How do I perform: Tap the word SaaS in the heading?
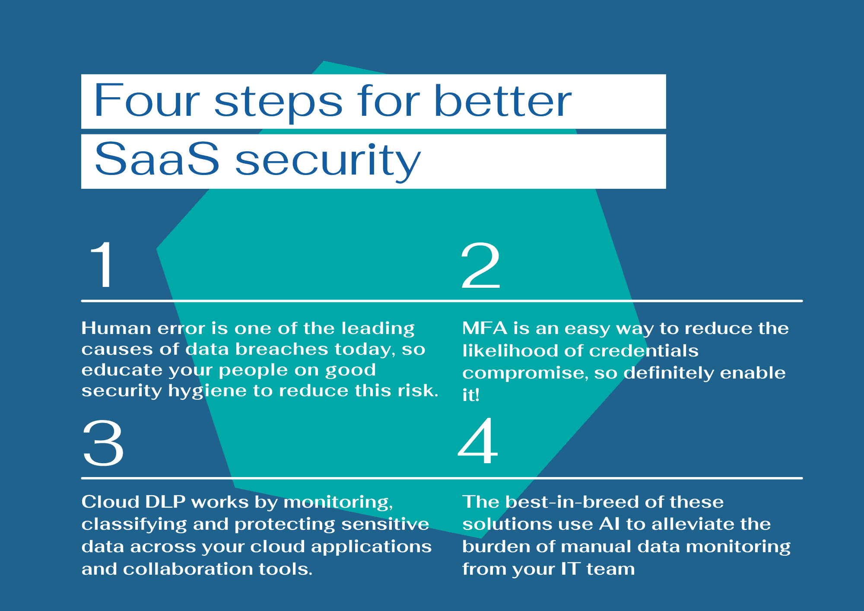[157, 159]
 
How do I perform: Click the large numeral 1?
[102, 264]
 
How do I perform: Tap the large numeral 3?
[103, 444]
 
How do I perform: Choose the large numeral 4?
[478, 441]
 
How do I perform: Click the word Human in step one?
[116, 328]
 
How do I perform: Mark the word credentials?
[644, 351]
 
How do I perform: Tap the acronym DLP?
[165, 502]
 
